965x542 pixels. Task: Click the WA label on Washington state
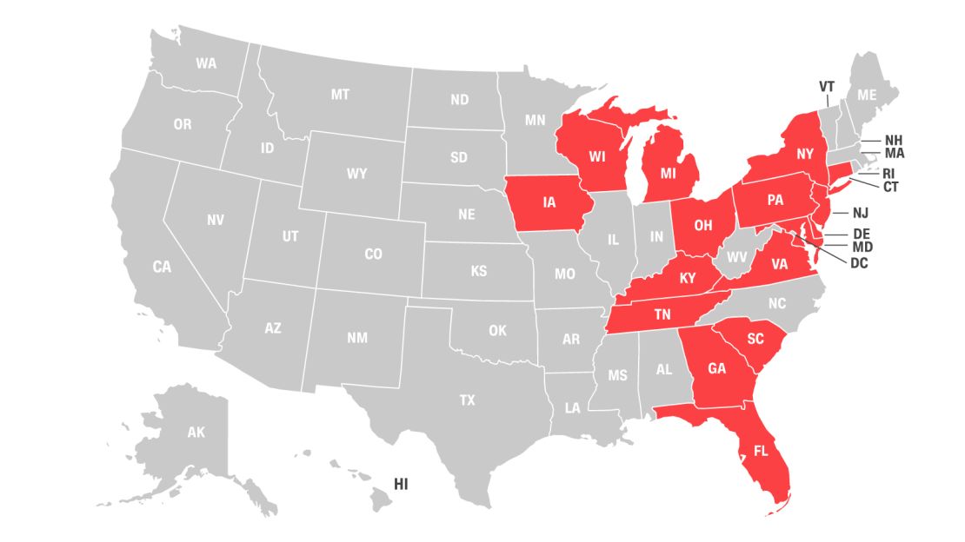pyautogui.click(x=206, y=63)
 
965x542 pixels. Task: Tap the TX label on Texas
pyautogui.click(x=468, y=400)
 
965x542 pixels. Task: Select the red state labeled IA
pyautogui.click(x=549, y=202)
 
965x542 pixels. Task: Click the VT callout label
pyautogui.click(x=827, y=86)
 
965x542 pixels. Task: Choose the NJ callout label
pyautogui.click(x=861, y=213)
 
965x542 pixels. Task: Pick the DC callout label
pyautogui.click(x=859, y=262)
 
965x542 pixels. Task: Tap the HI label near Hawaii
pyautogui.click(x=401, y=484)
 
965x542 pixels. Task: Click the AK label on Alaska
pyautogui.click(x=196, y=432)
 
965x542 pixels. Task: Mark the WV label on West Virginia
pyautogui.click(x=736, y=257)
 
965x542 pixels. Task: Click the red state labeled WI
pyautogui.click(x=596, y=157)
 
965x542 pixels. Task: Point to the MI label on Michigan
pyautogui.click(x=668, y=173)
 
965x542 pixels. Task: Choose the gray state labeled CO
pyautogui.click(x=373, y=254)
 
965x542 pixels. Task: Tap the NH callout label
pyautogui.click(x=894, y=140)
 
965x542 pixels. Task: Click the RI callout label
pyautogui.click(x=888, y=173)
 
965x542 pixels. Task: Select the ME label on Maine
pyautogui.click(x=867, y=96)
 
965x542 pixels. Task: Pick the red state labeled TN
pyautogui.click(x=662, y=315)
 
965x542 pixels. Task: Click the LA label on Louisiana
pyautogui.click(x=572, y=406)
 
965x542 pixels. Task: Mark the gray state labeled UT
pyautogui.click(x=290, y=236)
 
